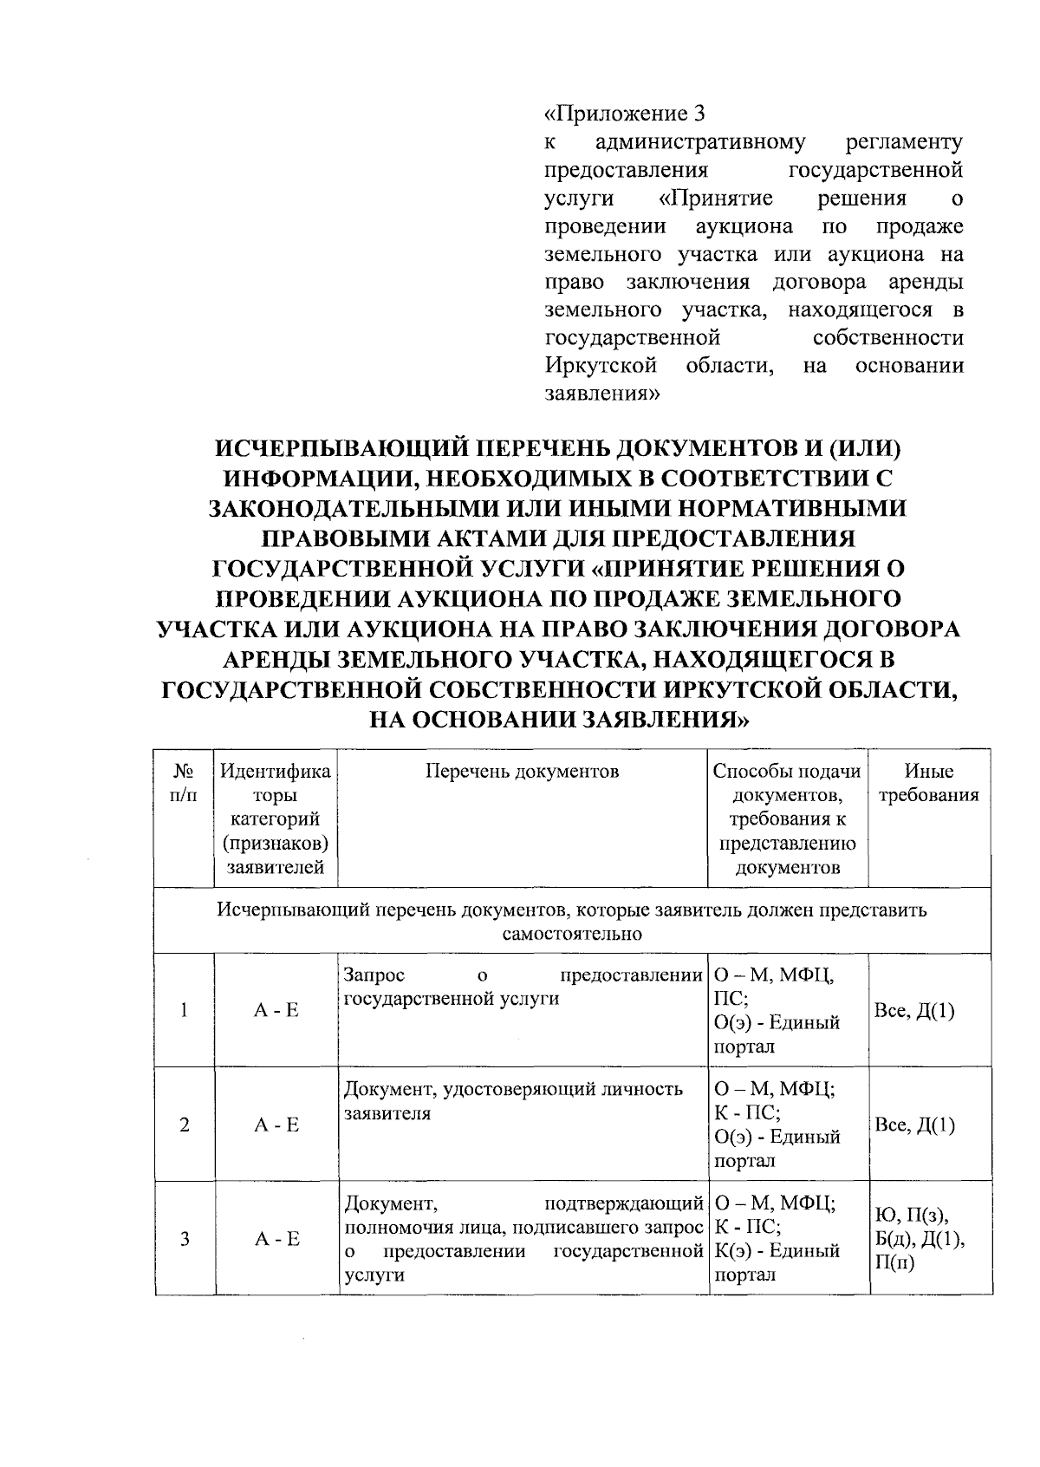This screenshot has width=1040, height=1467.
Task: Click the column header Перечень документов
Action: [x=522, y=772]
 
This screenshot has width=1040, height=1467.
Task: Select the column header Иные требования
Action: [x=929, y=783]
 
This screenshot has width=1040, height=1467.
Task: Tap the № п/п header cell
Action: [x=183, y=783]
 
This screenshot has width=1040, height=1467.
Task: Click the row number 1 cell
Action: [x=184, y=1010]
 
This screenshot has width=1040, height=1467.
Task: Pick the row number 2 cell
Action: [x=184, y=1125]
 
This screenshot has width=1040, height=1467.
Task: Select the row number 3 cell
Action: [x=184, y=1239]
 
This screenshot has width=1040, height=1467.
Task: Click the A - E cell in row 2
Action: [x=276, y=1125]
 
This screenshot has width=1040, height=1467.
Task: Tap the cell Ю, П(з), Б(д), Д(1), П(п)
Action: [x=921, y=1239]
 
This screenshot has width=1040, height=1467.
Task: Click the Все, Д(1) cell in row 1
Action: [x=915, y=1010]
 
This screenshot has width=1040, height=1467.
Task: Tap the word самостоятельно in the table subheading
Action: [x=572, y=934]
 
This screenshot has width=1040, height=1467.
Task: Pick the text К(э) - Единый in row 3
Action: [x=777, y=1251]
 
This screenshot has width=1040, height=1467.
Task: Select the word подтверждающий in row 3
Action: [x=622, y=1203]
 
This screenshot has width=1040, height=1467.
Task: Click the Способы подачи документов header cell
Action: [x=787, y=818]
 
